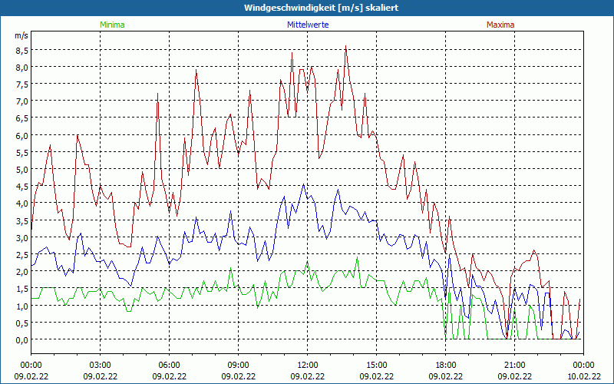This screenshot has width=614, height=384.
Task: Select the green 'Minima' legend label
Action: pyautogui.click(x=112, y=25)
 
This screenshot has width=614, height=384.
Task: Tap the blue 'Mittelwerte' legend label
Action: pyautogui.click(x=308, y=25)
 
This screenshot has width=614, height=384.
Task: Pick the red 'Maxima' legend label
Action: pyautogui.click(x=500, y=25)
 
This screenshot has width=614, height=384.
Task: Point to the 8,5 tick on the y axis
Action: pyautogui.click(x=22, y=50)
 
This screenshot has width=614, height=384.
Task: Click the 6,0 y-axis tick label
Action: pyautogui.click(x=22, y=135)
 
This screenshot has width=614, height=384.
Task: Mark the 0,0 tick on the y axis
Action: pyautogui.click(x=22, y=339)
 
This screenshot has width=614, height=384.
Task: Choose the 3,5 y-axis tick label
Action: pyautogui.click(x=22, y=220)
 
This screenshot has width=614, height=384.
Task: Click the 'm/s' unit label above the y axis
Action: pyautogui.click(x=21, y=36)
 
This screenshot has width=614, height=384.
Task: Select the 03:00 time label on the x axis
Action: pyautogui.click(x=101, y=365)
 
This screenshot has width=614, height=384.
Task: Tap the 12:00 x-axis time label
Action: pyautogui.click(x=308, y=365)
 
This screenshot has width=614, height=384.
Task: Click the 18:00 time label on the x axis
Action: pyautogui.click(x=446, y=365)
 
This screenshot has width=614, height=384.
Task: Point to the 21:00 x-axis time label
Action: pyautogui.click(x=515, y=365)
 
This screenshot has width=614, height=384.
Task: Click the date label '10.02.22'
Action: pyautogui.click(x=583, y=376)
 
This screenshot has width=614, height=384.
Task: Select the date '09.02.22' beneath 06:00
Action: pyautogui.click(x=170, y=376)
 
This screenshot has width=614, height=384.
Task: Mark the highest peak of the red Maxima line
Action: pyautogui.click(x=346, y=46)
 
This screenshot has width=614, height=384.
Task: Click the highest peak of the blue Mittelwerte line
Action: pyautogui.click(x=304, y=184)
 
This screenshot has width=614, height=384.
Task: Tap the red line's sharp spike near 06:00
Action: pyautogui.click(x=158, y=94)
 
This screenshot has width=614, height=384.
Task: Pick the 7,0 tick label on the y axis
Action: pyautogui.click(x=22, y=101)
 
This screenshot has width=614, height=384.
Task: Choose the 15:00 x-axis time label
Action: pyautogui.click(x=377, y=365)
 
